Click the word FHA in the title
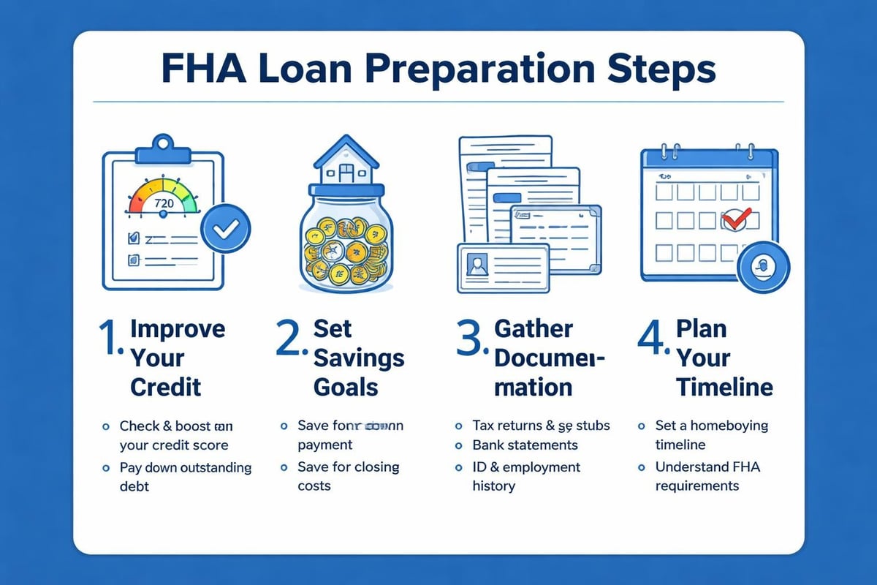[201, 69]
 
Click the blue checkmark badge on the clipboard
[226, 229]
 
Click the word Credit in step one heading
[166, 386]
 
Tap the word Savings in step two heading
[359, 358]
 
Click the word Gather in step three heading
[533, 329]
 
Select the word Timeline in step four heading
[724, 386]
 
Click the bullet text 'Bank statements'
[525, 445]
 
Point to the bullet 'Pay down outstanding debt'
[185, 476]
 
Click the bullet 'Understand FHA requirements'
[707, 476]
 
